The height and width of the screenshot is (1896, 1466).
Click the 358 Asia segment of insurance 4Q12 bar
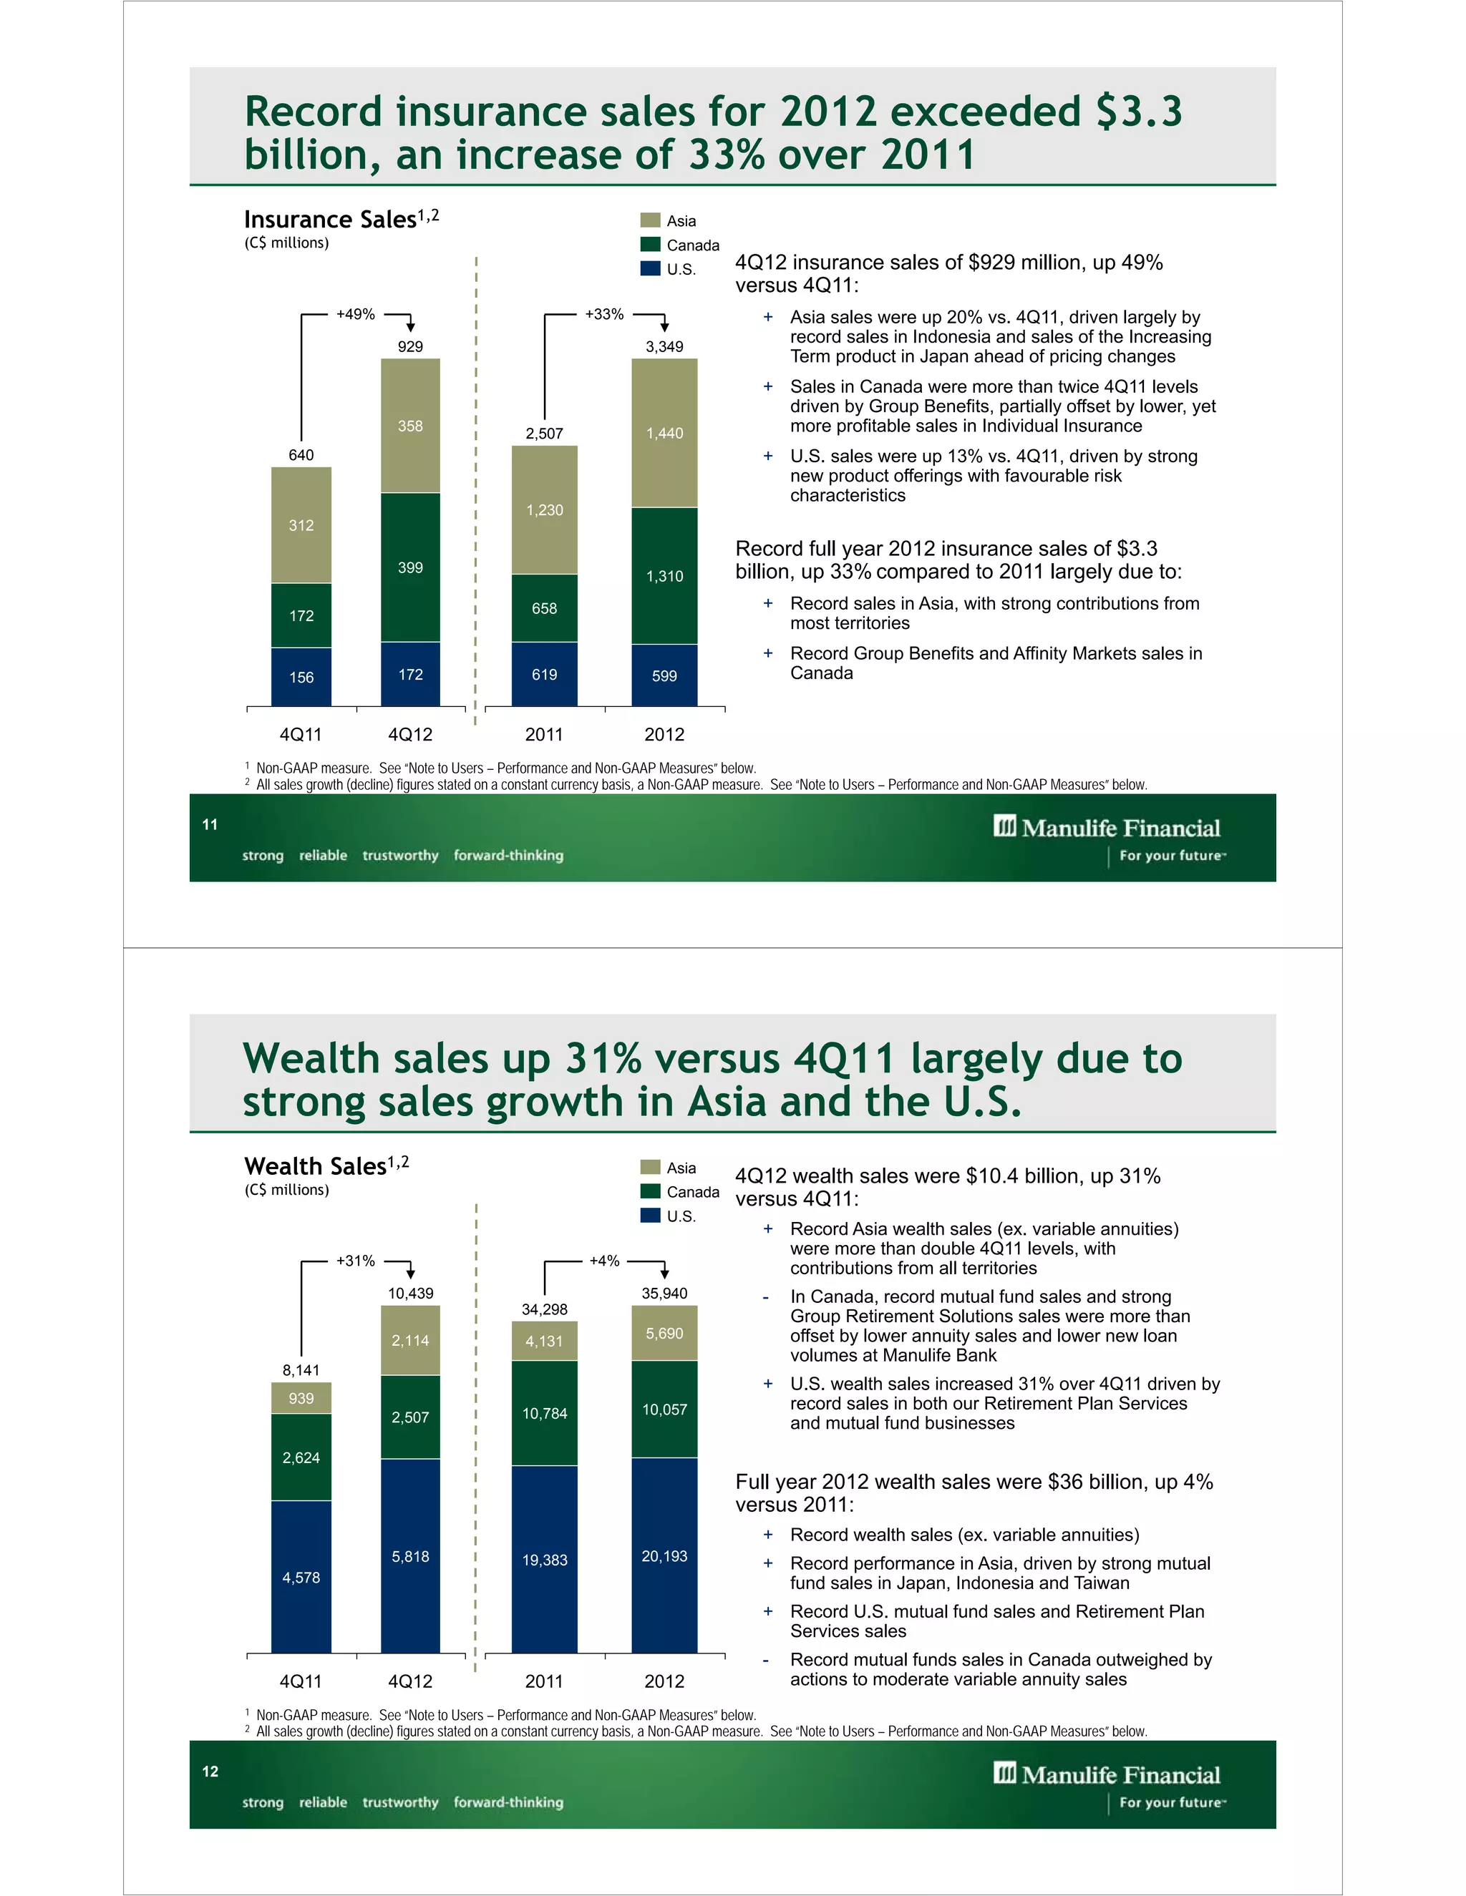pyautogui.click(x=410, y=426)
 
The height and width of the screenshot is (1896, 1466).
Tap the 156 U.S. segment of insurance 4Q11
pyautogui.click(x=301, y=677)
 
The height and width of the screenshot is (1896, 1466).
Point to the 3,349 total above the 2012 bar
pyautogui.click(x=664, y=346)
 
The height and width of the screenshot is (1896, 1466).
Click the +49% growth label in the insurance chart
pyautogui.click(x=355, y=314)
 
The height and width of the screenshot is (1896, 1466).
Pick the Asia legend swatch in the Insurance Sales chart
pyautogui.click(x=651, y=220)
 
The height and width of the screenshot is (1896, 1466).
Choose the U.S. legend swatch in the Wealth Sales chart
pyautogui.click(x=651, y=1216)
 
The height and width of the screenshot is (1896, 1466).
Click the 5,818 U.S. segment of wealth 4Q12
pyautogui.click(x=410, y=1557)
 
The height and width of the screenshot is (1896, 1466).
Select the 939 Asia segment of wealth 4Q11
pyautogui.click(x=301, y=1398)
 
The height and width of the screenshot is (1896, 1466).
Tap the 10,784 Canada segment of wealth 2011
pyautogui.click(x=545, y=1413)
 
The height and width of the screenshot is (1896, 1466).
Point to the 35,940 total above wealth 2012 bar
pyautogui.click(x=664, y=1293)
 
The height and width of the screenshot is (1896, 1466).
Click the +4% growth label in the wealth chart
pyautogui.click(x=604, y=1261)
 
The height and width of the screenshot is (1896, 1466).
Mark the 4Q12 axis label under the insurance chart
pyautogui.click(x=410, y=735)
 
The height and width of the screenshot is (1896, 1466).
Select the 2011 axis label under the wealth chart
pyautogui.click(x=545, y=1681)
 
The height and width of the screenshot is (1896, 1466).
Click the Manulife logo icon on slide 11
pyautogui.click(x=1005, y=826)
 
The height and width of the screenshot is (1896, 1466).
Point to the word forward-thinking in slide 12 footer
pyautogui.click(x=508, y=1802)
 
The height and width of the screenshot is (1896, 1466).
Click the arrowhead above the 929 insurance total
pyautogui.click(x=411, y=326)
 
